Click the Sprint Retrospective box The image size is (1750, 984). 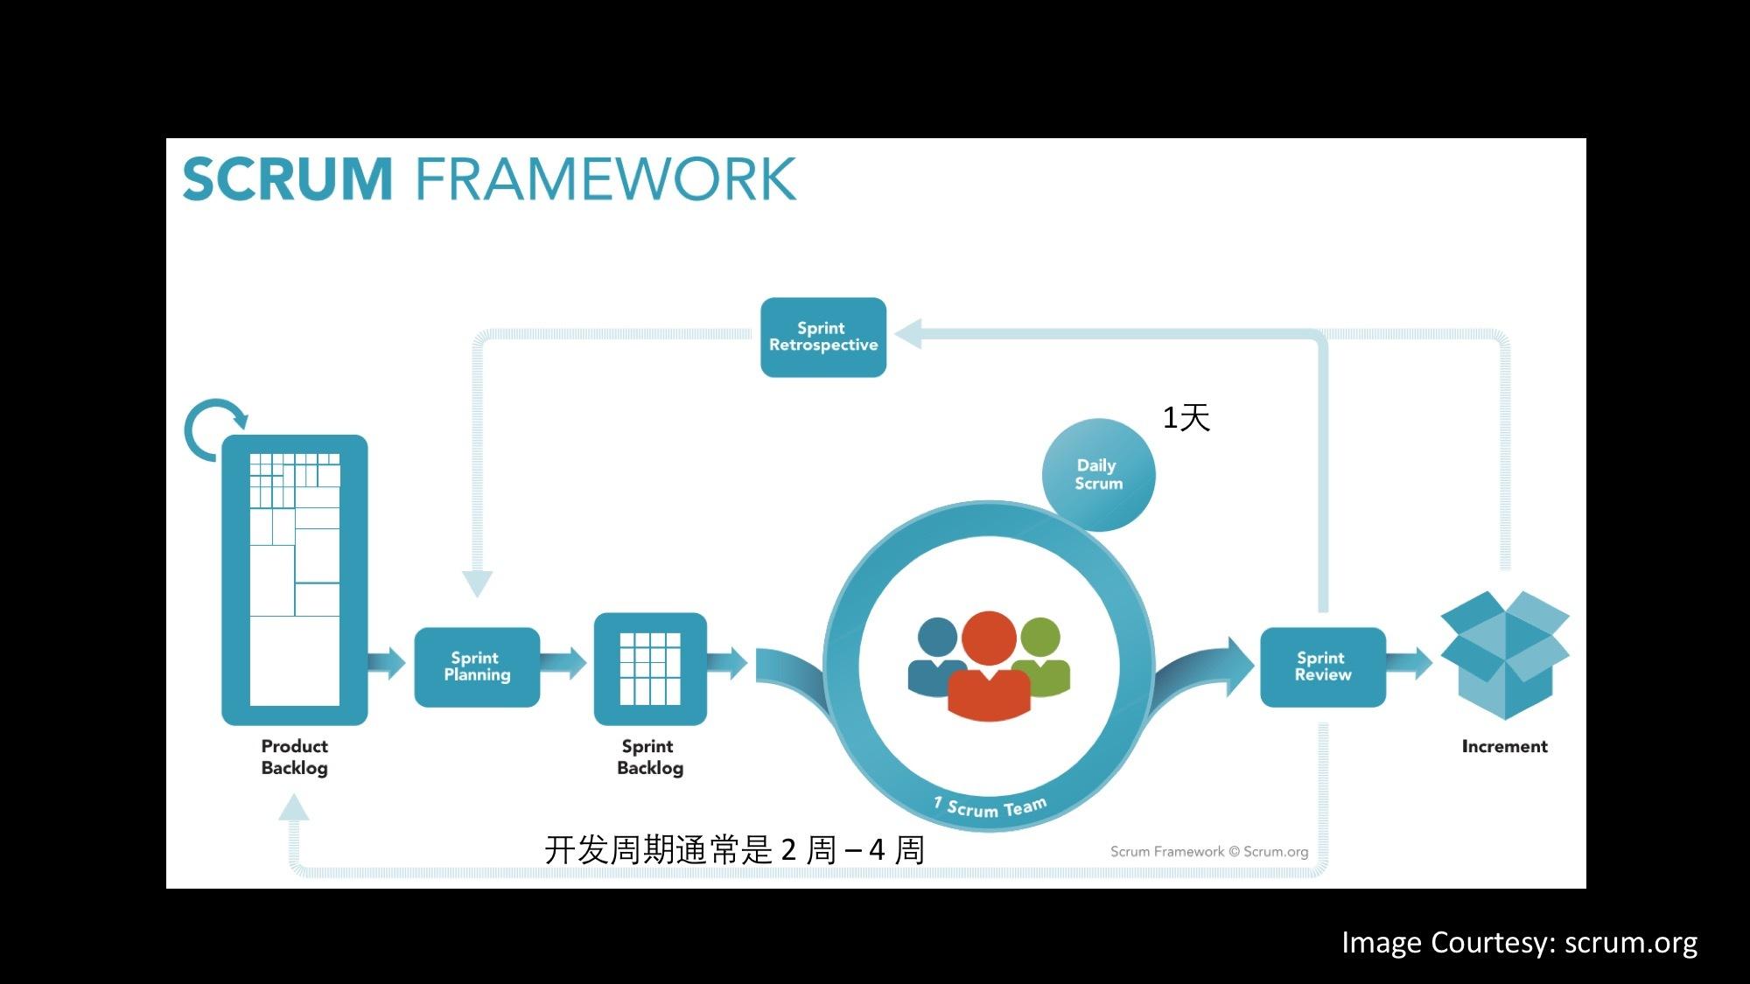pos(822,337)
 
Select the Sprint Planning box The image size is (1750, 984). pos(477,666)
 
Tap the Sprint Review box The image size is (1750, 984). pos(1322,666)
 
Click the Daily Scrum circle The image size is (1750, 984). pos(1098,474)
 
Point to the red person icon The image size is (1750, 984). pos(989,669)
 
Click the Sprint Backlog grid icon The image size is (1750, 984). pos(649,668)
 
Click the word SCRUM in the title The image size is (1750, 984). pos(287,179)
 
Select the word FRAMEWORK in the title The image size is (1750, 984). pos(605,179)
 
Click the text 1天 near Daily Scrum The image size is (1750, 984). pos(1186,417)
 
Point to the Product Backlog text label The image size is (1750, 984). pos(294,757)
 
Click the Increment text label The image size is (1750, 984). pos(1504,746)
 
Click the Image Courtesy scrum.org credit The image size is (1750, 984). pos(1519,942)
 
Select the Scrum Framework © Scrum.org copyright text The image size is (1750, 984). pos(1208,851)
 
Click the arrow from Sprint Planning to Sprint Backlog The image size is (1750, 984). pos(565,663)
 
